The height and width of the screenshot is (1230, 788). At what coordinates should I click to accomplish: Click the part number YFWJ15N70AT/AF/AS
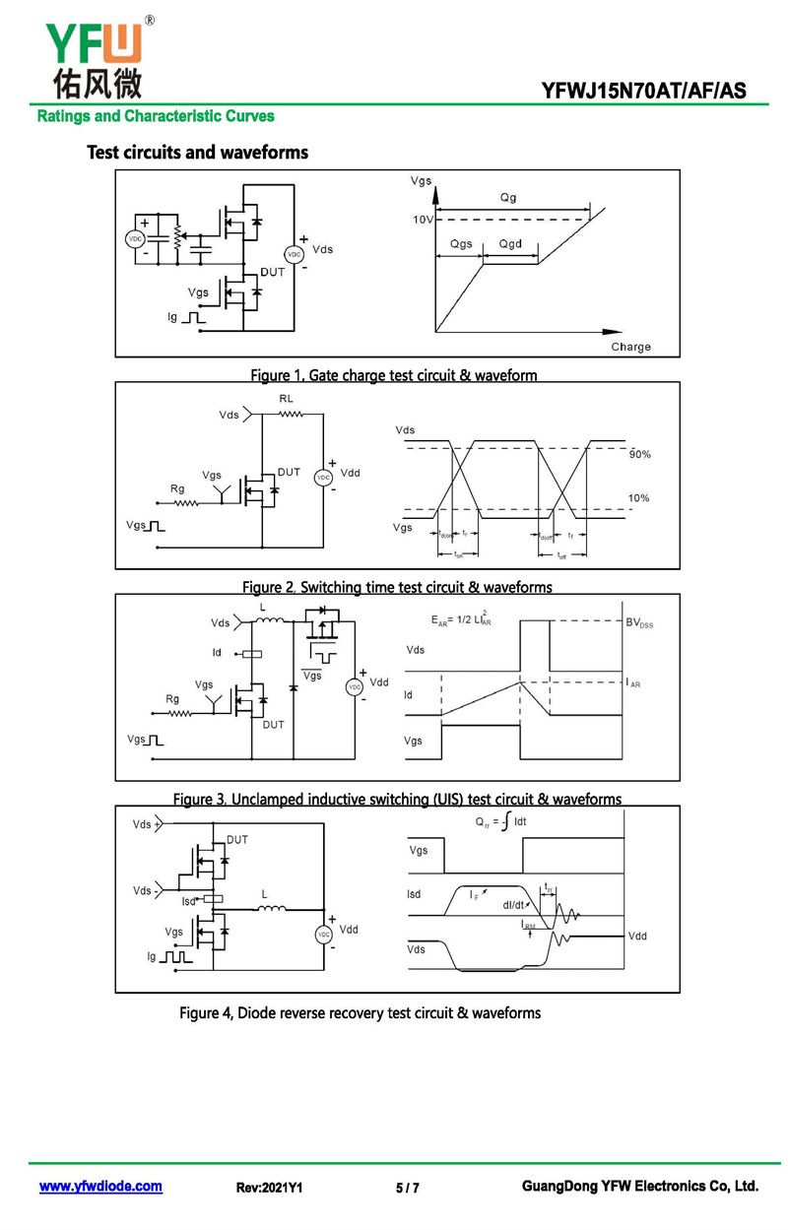click(643, 92)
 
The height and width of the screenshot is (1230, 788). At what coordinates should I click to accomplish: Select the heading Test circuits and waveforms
click(197, 153)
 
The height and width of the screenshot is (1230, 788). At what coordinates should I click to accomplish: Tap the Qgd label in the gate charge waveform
click(510, 243)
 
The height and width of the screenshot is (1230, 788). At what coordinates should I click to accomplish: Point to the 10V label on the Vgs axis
click(423, 219)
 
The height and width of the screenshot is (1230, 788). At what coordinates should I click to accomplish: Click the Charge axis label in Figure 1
click(630, 347)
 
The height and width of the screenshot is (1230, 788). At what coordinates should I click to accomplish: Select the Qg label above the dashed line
click(508, 197)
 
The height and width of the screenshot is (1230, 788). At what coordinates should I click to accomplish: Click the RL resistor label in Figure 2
click(286, 398)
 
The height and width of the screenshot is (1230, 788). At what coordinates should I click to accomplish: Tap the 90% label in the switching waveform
click(639, 454)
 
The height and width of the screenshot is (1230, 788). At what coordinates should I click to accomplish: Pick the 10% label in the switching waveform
click(639, 498)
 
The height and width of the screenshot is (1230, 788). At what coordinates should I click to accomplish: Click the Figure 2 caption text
click(397, 587)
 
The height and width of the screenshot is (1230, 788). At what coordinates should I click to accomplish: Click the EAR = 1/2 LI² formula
click(462, 620)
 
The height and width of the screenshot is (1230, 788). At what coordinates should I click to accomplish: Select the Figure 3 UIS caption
click(397, 799)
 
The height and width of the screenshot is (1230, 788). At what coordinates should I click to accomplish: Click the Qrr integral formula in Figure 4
click(501, 821)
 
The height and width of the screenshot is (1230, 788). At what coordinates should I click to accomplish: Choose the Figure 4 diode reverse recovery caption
click(360, 1012)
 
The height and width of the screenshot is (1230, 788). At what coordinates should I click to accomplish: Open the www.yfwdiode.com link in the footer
click(100, 1187)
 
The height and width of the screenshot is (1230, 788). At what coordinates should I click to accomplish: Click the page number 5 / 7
click(407, 1188)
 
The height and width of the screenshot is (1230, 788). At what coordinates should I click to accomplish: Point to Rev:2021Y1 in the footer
click(269, 1188)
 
